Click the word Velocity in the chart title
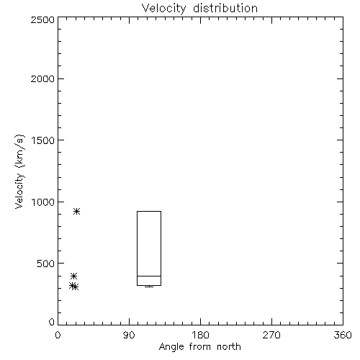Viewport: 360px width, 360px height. click(163, 9)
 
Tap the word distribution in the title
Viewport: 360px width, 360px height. click(225, 8)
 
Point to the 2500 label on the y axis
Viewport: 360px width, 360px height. click(42, 19)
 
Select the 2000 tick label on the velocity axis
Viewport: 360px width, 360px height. click(42, 78)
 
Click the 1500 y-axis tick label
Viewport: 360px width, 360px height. click(43, 140)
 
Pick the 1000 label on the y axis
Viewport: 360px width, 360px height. click(43, 202)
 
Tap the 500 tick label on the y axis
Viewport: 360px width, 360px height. click(45, 264)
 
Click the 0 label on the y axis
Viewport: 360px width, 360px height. click(52, 322)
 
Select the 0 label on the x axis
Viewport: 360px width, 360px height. click(58, 335)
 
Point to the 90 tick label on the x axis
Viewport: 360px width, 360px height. click(129, 335)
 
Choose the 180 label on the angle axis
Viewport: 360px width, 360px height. click(200, 335)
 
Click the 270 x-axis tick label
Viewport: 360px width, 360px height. click(271, 335)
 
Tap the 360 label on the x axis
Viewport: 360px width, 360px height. click(343, 335)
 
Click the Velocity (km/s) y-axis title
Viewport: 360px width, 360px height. click(19, 171)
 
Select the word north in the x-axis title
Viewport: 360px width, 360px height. click(229, 347)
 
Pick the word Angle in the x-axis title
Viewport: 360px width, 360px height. click(171, 347)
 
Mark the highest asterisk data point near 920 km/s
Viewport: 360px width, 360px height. click(76, 212)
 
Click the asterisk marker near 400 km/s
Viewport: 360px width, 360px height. click(73, 276)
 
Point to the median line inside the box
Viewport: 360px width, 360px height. click(149, 276)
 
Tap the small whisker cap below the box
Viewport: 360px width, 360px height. click(149, 287)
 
